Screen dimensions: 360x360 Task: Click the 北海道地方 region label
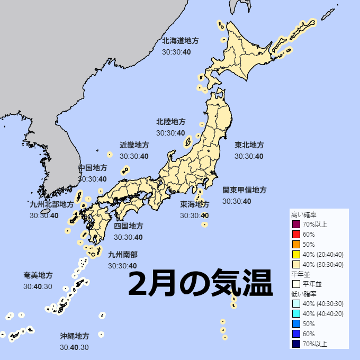(180, 40)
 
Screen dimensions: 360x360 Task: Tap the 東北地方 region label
(249, 145)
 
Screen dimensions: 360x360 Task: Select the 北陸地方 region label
(170, 122)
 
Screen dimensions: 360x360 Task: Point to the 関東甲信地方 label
(244, 190)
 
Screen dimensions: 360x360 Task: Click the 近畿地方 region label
(134, 145)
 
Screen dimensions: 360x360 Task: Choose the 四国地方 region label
(128, 226)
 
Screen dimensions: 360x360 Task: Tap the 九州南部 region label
(122, 254)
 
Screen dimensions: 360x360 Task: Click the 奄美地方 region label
(38, 275)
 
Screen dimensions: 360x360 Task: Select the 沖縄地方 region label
(74, 336)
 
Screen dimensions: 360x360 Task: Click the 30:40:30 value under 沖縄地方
(74, 347)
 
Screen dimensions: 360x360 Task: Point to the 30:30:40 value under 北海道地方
(176, 52)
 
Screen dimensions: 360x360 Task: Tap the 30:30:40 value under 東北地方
(249, 156)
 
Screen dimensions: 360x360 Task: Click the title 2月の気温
(200, 284)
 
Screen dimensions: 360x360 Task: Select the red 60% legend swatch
(296, 234)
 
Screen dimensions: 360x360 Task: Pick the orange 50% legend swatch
(296, 244)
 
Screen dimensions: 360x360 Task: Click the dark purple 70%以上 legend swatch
(296, 224)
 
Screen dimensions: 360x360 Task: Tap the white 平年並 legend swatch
(296, 284)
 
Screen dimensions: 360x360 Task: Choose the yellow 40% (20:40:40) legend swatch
(296, 254)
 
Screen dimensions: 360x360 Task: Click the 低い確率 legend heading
(303, 294)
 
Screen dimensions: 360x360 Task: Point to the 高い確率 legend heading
(303, 214)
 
